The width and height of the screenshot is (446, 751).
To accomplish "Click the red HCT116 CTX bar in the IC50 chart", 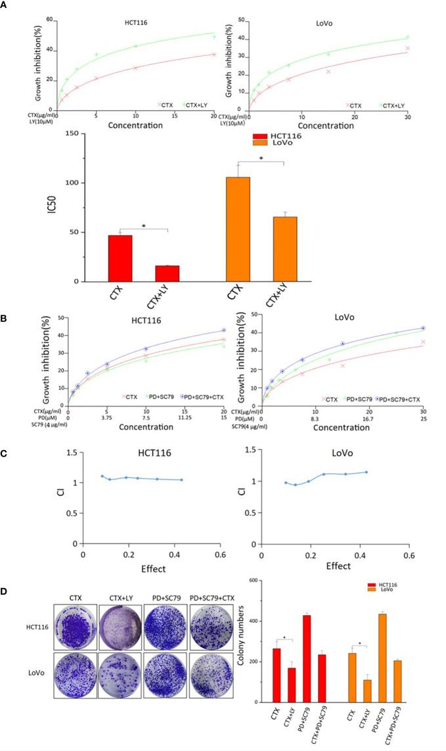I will coord(120,258).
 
